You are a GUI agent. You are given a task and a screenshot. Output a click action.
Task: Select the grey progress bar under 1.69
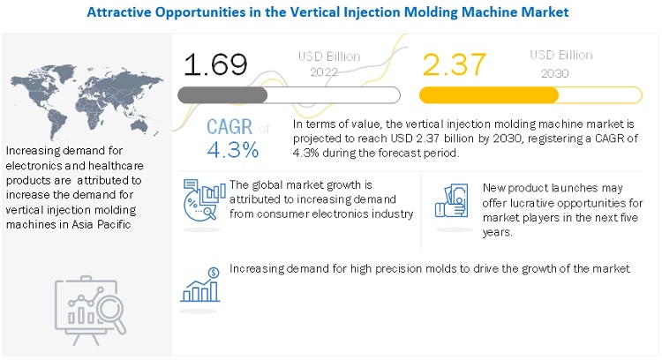[x=289, y=94]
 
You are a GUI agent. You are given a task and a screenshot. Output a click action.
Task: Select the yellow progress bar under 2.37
[x=530, y=94]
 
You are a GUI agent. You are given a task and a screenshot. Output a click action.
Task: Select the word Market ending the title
[x=544, y=12]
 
